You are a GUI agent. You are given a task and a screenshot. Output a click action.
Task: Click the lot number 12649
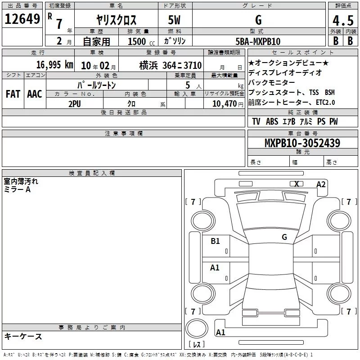22,19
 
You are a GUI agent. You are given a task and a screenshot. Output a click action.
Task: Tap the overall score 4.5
343,20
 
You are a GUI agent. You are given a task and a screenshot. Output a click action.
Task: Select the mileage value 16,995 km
54,65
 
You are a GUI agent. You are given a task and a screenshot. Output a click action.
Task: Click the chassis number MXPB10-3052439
302,143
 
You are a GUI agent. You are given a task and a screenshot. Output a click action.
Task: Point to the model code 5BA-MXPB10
258,41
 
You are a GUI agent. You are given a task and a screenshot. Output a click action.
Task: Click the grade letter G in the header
258,20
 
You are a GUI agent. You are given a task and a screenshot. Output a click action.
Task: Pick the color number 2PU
75,104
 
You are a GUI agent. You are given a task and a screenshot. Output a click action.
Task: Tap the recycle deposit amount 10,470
225,104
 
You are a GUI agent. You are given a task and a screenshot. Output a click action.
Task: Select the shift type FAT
13,94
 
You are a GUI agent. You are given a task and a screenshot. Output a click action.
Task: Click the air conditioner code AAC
35,94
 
